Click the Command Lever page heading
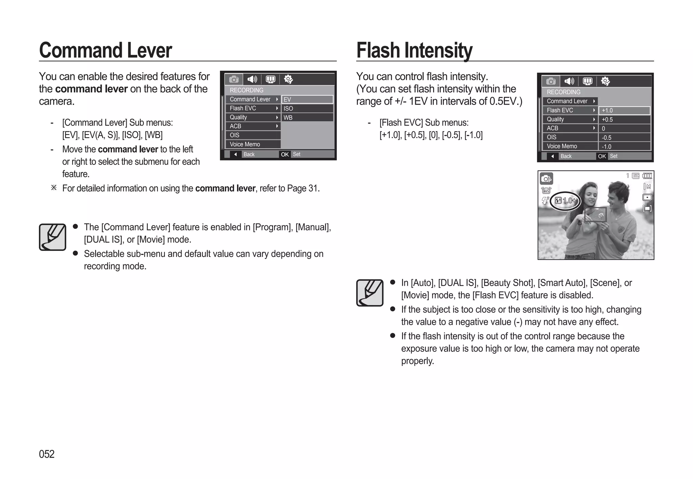pos(105,50)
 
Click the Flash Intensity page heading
pos(414,50)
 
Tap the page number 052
pos(47,454)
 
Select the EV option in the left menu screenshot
pos(307,100)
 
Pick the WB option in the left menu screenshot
pos(307,117)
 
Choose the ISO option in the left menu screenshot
pos(307,108)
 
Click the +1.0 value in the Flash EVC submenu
pos(624,110)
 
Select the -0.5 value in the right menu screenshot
pos(624,137)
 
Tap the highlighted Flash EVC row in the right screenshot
pos(570,110)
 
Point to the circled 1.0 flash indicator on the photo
pos(565,201)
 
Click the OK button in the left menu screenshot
pos(285,154)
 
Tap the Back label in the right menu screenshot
pos(566,156)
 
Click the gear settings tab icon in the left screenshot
pos(288,80)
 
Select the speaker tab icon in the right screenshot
pos(569,81)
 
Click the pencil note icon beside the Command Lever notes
pos(52,237)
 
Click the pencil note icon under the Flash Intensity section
pos(370,293)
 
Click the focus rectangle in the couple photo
pos(595,215)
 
